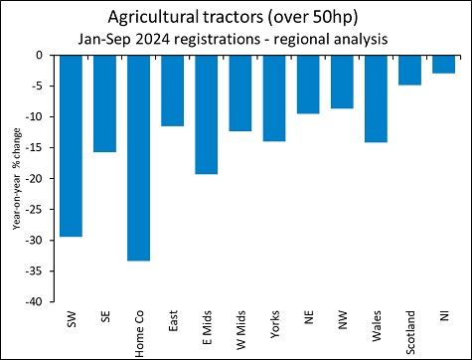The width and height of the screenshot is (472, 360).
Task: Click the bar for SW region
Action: click(71, 145)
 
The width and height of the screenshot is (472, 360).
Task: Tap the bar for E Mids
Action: click(207, 114)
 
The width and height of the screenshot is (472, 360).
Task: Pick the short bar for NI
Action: click(443, 65)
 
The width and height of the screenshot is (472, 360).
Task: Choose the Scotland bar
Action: click(409, 71)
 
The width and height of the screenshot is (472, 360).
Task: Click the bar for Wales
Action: click(376, 98)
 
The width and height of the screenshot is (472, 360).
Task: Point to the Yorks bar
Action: click(274, 98)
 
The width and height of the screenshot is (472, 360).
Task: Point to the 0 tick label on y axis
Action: click(44, 56)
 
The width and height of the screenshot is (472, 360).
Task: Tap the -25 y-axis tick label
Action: click(39, 210)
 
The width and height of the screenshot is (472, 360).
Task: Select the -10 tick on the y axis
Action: click(39, 117)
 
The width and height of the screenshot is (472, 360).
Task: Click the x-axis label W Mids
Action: click(241, 329)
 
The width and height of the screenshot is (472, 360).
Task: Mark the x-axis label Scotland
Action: click(410, 331)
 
